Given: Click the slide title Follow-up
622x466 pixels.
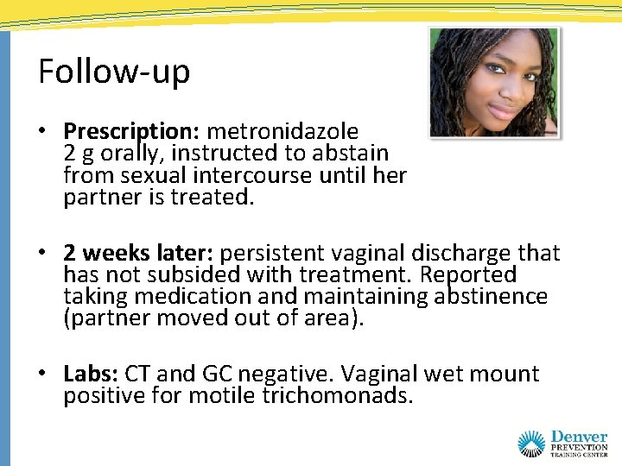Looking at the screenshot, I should (x=113, y=72).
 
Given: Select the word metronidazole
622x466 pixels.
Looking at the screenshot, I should (x=282, y=132).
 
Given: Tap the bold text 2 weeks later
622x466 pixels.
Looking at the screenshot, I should (x=139, y=254).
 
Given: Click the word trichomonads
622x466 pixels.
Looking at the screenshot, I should (x=351, y=396).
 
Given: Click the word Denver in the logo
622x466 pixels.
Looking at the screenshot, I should (x=578, y=438).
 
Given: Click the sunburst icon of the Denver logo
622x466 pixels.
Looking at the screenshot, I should (x=531, y=443).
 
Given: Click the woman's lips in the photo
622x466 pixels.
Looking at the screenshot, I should (x=501, y=110).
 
